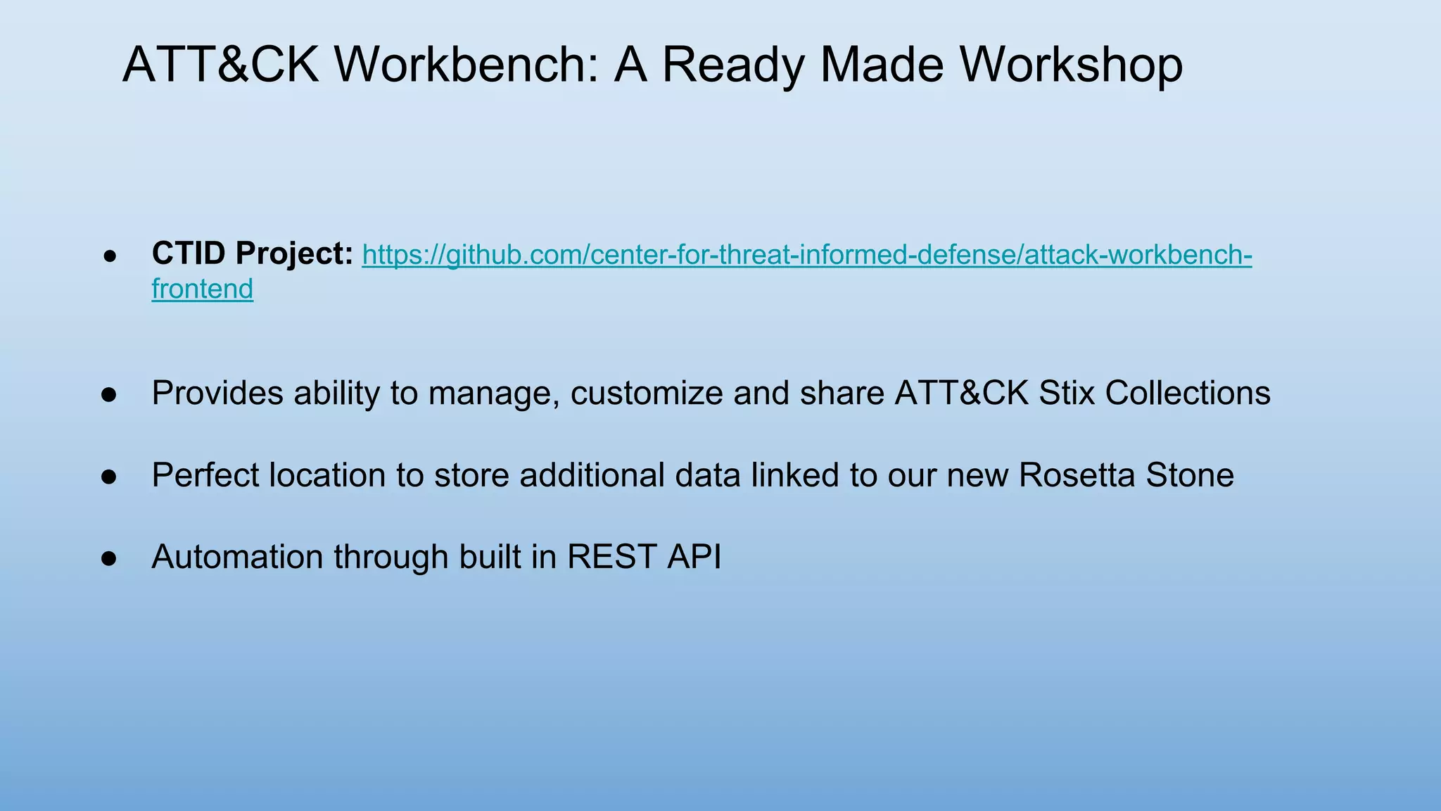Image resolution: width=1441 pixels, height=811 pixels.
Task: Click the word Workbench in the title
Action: (x=465, y=65)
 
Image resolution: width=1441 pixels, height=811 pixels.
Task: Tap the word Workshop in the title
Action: (x=1071, y=65)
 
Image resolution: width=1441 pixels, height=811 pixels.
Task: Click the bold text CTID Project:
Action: (x=253, y=253)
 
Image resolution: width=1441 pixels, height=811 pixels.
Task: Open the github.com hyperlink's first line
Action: (x=806, y=255)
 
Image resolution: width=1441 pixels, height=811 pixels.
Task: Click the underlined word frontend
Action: (x=202, y=289)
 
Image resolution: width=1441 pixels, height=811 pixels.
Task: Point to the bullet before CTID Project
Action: (x=109, y=256)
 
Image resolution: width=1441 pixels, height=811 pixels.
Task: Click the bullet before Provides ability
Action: (x=109, y=394)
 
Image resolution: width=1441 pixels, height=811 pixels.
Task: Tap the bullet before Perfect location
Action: (x=109, y=477)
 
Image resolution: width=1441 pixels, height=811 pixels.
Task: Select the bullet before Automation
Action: (x=109, y=558)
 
